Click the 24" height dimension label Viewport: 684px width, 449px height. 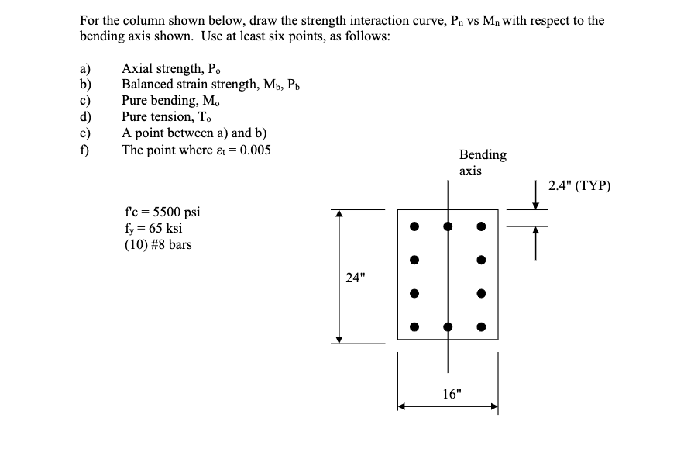point(356,278)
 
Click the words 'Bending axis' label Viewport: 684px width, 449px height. point(483,162)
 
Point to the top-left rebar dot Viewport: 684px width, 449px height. point(414,226)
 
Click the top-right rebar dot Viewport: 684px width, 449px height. point(481,226)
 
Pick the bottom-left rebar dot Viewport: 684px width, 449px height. point(414,326)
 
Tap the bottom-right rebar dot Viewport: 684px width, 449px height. point(481,326)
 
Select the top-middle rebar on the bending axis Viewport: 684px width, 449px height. point(448,226)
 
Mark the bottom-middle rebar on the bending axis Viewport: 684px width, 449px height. point(448,326)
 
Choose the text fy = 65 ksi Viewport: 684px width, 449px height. point(153,229)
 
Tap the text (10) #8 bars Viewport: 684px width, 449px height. point(157,245)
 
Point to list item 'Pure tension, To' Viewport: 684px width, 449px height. point(172,117)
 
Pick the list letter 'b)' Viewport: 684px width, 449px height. point(87,85)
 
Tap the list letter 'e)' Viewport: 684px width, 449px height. point(87,133)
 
